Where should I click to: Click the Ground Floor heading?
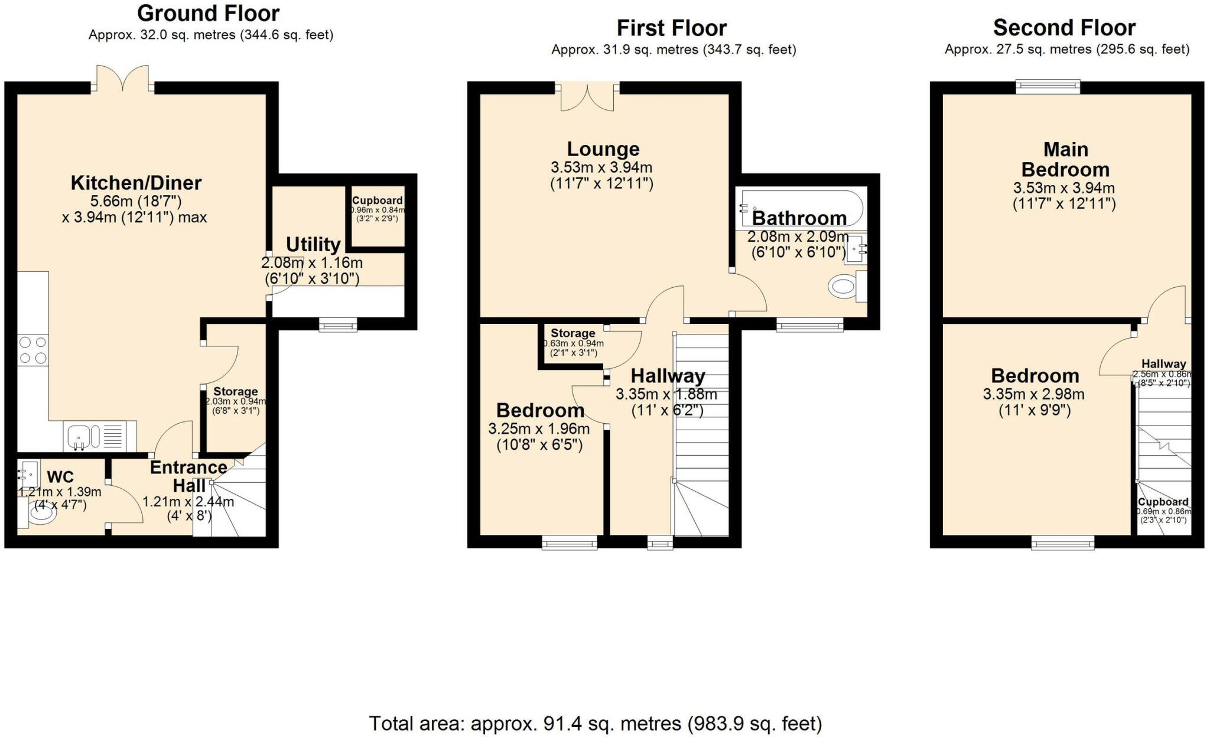pos(208,13)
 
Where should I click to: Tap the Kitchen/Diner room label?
pos(136,183)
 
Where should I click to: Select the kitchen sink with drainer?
pos(99,437)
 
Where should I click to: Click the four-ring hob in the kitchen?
pos(33,349)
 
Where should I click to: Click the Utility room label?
pos(313,244)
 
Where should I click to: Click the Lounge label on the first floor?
pos(603,149)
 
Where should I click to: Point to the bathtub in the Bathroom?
pos(799,207)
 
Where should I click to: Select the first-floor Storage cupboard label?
pos(573,333)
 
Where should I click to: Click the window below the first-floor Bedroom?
pos(570,541)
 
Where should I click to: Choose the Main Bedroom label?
pos(1065,160)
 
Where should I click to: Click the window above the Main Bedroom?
pos(1048,87)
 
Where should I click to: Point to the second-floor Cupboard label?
pos(1163,502)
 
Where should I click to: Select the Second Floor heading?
pos(1064,28)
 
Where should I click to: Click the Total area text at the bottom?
pos(595,723)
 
